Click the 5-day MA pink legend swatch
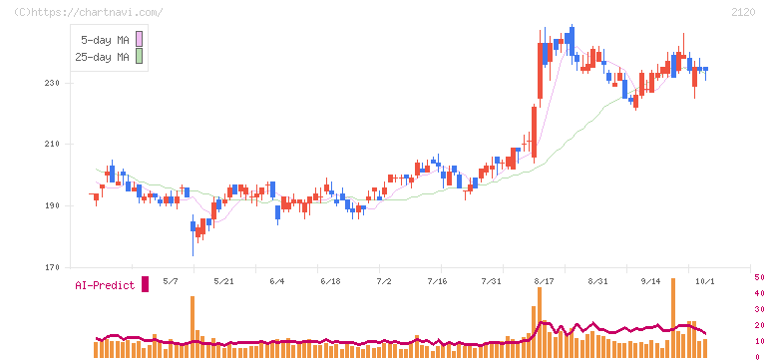pyautogui.click(x=139, y=39)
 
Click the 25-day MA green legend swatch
pyautogui.click(x=139, y=57)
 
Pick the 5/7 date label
pyautogui.click(x=171, y=281)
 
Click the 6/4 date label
pyautogui.click(x=277, y=281)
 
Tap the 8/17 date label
pyautogui.click(x=544, y=281)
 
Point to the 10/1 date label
pyautogui.click(x=705, y=281)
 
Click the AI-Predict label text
pyautogui.click(x=105, y=285)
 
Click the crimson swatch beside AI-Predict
pyautogui.click(x=145, y=284)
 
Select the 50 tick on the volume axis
pyautogui.click(x=759, y=277)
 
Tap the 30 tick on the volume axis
pyautogui.click(x=759, y=309)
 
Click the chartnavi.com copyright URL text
pyautogui.click(x=89, y=12)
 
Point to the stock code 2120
pyautogui.click(x=743, y=12)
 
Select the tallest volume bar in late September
pyautogui.click(x=673, y=318)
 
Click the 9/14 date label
pyautogui.click(x=650, y=281)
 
